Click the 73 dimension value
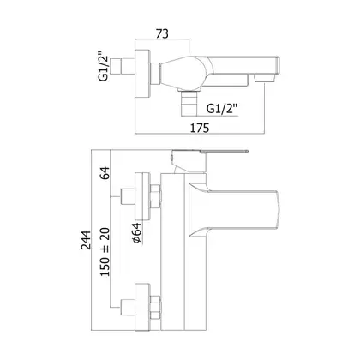tap(162, 33)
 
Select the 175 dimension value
tap(200, 128)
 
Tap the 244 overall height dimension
tap(86, 240)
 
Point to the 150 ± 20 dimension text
tap(105, 252)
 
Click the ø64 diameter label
tap(137, 233)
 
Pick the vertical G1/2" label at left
tap(104, 66)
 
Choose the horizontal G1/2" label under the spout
tap(222, 109)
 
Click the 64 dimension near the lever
tap(105, 173)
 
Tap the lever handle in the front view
tap(209, 160)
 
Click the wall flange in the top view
tap(142, 74)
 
